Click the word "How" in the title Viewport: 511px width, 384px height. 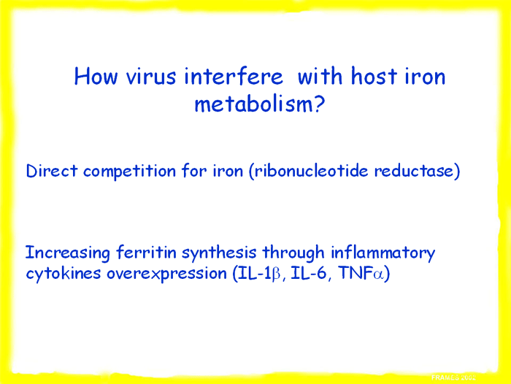(96, 76)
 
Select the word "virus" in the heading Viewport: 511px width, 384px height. (151, 76)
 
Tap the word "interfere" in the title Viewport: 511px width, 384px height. (234, 76)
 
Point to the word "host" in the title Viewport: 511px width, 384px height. (374, 76)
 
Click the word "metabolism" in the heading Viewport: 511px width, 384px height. (250, 104)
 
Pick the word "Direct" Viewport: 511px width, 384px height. (52, 171)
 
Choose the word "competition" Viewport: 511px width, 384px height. (130, 172)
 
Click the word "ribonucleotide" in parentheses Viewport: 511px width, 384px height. (311, 171)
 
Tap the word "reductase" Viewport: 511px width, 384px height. (413, 171)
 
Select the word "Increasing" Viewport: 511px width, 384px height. (68, 253)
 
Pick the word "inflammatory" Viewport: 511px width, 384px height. (383, 253)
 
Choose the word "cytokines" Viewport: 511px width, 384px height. (64, 273)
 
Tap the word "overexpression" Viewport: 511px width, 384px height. (167, 274)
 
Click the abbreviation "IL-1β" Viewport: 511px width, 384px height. (259, 273)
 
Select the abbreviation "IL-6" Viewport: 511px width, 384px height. (308, 273)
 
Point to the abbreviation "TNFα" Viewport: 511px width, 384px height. (361, 273)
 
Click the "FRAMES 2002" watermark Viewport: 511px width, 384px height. (453, 377)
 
